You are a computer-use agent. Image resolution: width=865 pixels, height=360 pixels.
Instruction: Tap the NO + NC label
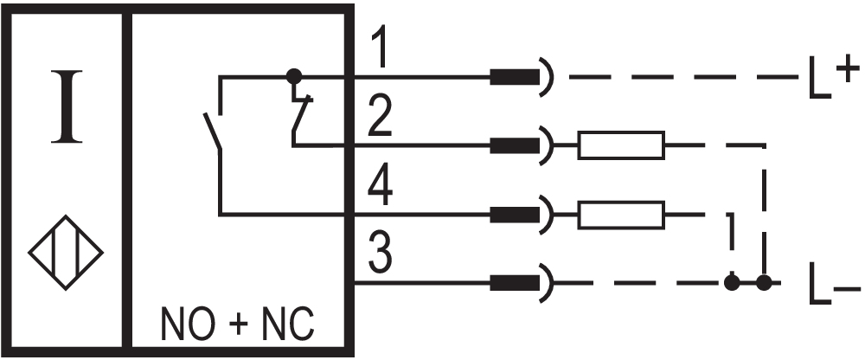238,325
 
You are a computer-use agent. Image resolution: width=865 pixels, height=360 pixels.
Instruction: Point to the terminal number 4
378,189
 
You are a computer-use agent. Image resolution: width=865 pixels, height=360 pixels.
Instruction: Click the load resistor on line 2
621,145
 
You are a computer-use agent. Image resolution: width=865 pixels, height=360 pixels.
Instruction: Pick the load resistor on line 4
621,213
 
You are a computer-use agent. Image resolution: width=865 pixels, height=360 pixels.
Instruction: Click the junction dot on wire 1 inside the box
294,76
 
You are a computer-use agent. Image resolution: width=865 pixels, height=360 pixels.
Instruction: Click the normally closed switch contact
300,117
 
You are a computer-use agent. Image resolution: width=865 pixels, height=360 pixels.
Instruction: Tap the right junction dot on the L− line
764,282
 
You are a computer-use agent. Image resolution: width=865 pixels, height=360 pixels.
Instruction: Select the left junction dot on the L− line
732,282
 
